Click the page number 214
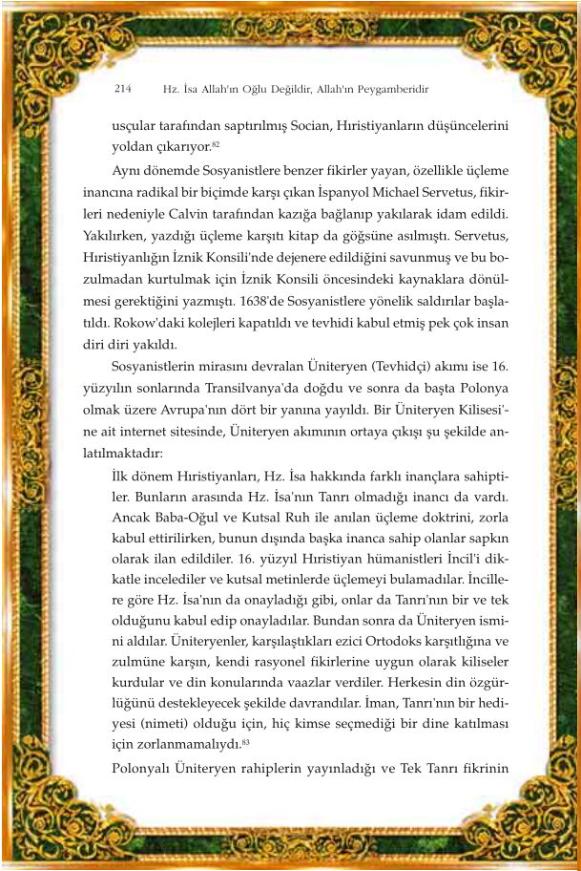[121, 89]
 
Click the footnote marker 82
[217, 143]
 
